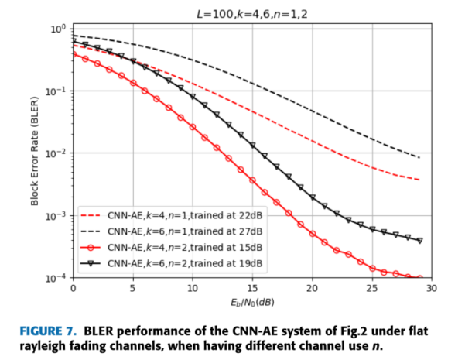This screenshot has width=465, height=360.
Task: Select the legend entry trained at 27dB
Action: (x=185, y=231)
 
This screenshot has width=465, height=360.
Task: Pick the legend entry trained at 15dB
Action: (x=185, y=247)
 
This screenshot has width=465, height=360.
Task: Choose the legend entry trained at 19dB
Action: (x=185, y=263)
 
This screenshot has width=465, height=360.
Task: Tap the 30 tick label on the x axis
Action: (x=431, y=288)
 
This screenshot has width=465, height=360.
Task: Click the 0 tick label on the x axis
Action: (x=73, y=288)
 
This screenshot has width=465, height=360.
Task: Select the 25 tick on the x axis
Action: (x=371, y=288)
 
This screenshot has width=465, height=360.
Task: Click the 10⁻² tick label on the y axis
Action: (x=56, y=153)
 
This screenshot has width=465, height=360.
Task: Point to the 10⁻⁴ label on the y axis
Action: (x=56, y=278)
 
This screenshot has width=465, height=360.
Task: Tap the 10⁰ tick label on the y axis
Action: (x=58, y=29)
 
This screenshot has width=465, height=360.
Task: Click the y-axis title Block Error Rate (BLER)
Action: (x=34, y=153)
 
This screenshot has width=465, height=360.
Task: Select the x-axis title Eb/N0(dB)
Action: (x=251, y=300)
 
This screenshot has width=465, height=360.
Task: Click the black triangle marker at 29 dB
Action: (x=419, y=241)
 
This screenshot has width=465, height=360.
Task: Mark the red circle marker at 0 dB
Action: (x=74, y=53)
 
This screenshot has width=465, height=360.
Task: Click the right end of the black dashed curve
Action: (x=419, y=158)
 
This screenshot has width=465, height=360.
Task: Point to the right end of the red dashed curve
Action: (x=419, y=180)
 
